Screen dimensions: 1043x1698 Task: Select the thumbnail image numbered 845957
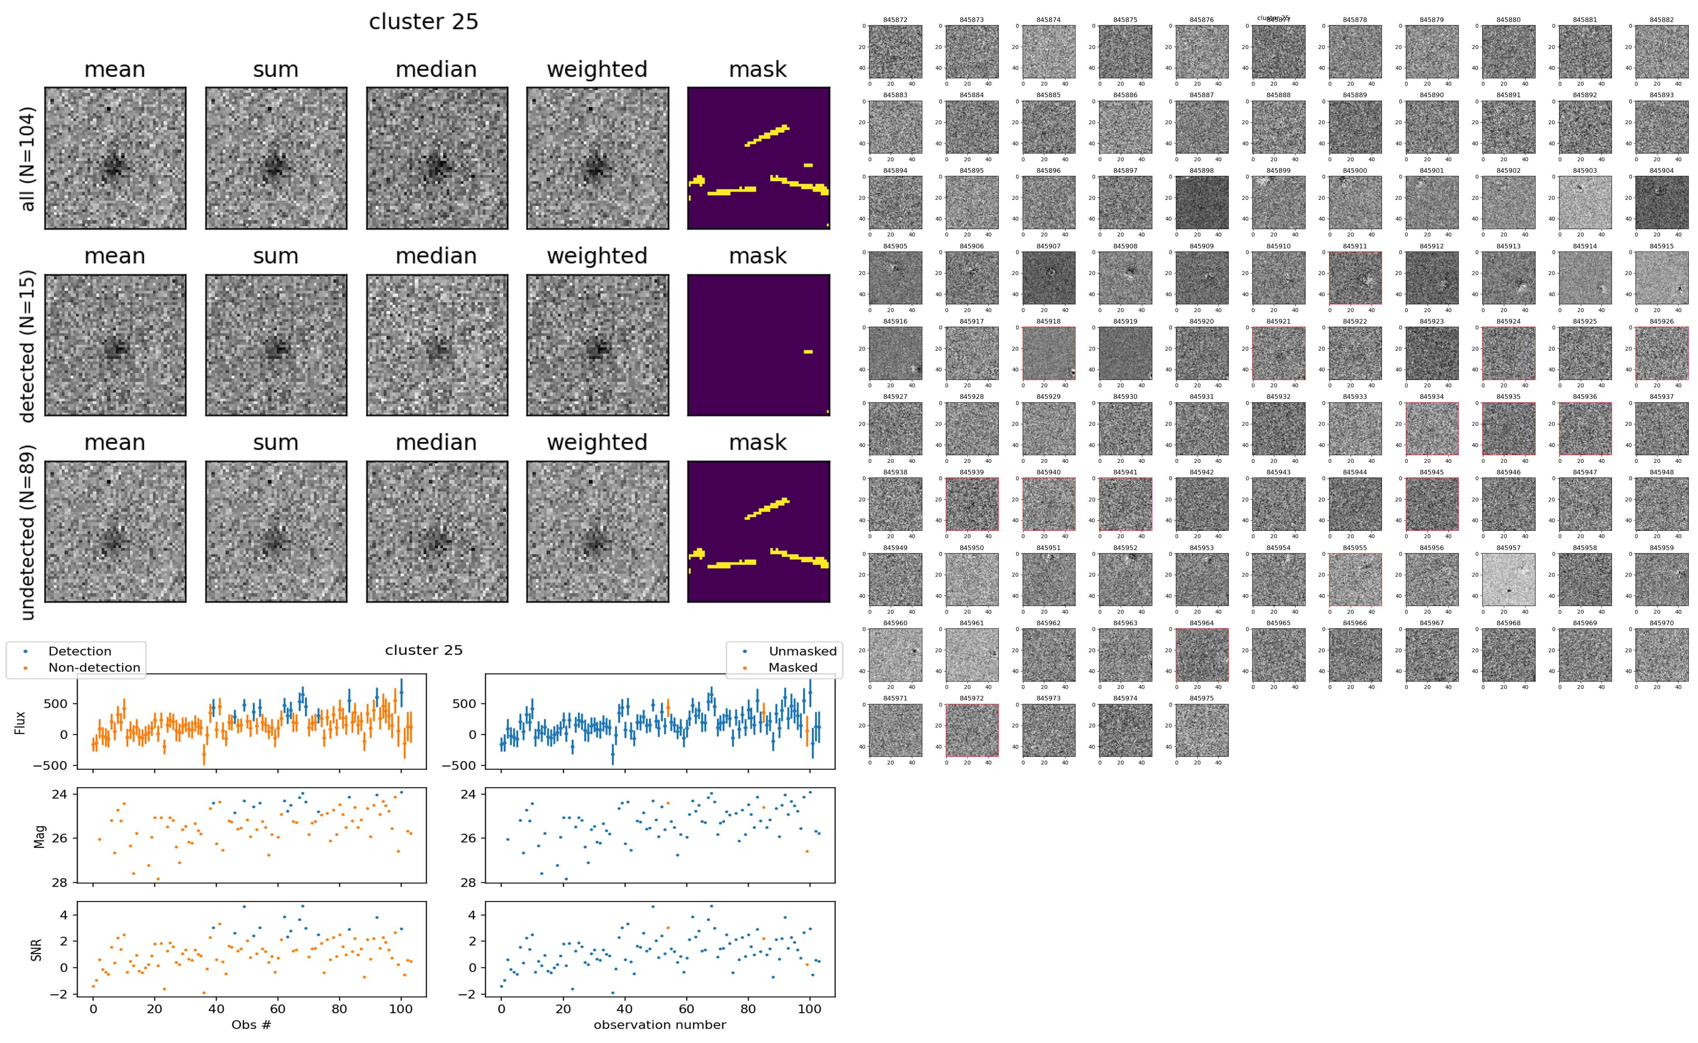(1508, 579)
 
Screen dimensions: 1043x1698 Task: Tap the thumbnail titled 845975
(1201, 730)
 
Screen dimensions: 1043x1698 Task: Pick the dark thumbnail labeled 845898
(1201, 202)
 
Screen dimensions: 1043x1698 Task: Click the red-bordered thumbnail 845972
(971, 730)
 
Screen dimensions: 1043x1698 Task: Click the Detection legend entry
(79, 651)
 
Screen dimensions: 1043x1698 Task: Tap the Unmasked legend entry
(802, 651)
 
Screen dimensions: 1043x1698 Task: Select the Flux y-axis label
(21, 722)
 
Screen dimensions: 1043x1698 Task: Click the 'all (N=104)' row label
(28, 159)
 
